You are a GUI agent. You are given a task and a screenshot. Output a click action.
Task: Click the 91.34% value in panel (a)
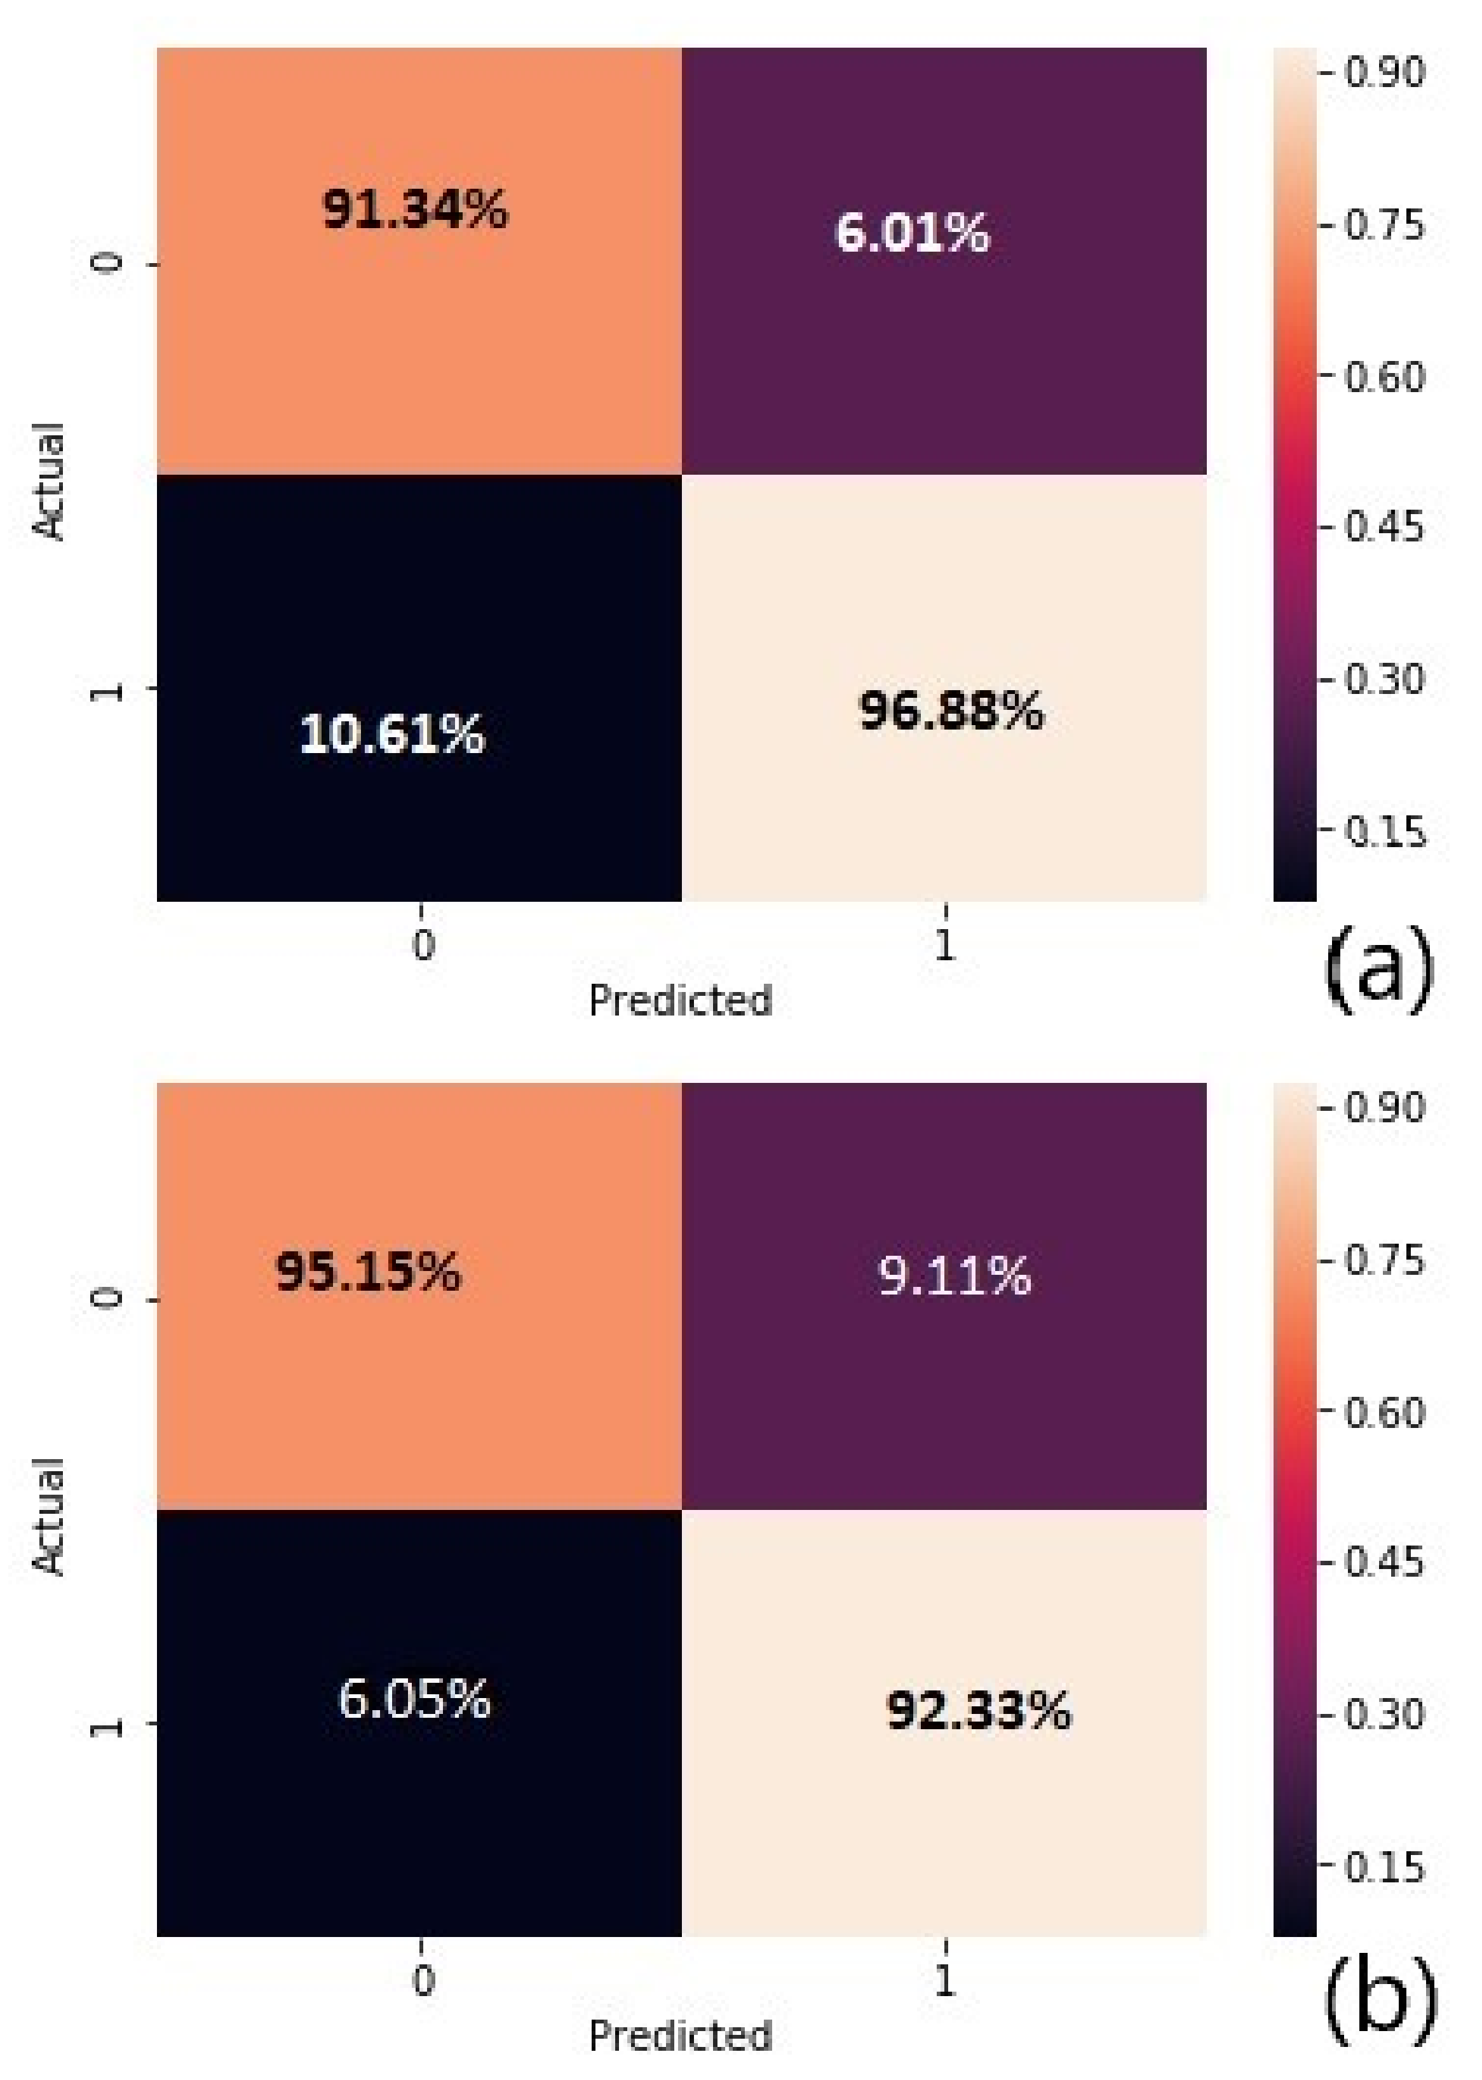pyautogui.click(x=415, y=211)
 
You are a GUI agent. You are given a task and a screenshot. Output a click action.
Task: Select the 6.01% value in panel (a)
pyautogui.click(x=912, y=233)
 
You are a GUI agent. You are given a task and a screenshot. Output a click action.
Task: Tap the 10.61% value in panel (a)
pyautogui.click(x=392, y=733)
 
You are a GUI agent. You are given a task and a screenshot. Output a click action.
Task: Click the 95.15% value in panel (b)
pyautogui.click(x=369, y=1271)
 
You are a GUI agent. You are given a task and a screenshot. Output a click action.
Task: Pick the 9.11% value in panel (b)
pyautogui.click(x=954, y=1275)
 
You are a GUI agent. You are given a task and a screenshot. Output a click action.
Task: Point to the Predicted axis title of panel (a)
pyautogui.click(x=681, y=1001)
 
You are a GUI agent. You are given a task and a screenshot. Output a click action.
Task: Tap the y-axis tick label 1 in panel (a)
pyautogui.click(x=107, y=689)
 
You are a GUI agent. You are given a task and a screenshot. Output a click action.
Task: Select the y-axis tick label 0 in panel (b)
pyautogui.click(x=107, y=1298)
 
